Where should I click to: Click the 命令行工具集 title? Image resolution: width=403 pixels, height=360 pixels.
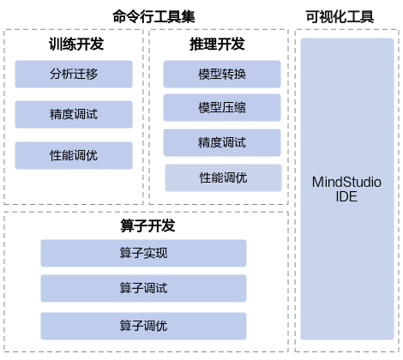[153, 16]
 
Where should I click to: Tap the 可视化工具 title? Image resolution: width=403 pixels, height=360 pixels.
[340, 16]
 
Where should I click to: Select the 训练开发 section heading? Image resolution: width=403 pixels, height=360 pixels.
[76, 44]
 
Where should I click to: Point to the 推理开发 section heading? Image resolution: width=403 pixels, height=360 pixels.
[217, 44]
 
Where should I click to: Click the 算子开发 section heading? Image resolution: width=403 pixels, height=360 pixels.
[147, 225]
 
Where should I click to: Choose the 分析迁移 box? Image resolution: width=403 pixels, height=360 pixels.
[74, 74]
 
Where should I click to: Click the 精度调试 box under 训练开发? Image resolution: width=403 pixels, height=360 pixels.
[74, 114]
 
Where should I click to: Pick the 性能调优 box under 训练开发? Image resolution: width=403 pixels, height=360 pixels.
[74, 155]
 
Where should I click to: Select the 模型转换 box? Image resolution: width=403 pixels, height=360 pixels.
[222, 74]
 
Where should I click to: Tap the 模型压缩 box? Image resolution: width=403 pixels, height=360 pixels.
[222, 107]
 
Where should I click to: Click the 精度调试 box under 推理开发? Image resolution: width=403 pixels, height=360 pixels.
[222, 142]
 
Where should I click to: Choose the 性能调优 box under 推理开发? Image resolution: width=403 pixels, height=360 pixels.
[223, 177]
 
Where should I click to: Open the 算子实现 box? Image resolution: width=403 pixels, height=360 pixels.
[143, 253]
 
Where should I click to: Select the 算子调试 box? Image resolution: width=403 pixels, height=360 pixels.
[143, 288]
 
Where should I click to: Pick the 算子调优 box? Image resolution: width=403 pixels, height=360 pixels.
[143, 326]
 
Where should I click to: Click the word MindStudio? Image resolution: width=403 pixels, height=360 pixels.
[346, 182]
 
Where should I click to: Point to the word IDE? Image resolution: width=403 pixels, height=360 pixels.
[346, 196]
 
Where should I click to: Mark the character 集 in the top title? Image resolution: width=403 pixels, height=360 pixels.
[189, 16]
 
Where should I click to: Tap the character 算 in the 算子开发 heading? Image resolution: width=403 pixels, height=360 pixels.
[127, 225]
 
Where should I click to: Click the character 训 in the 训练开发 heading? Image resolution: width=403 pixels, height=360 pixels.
[56, 44]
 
